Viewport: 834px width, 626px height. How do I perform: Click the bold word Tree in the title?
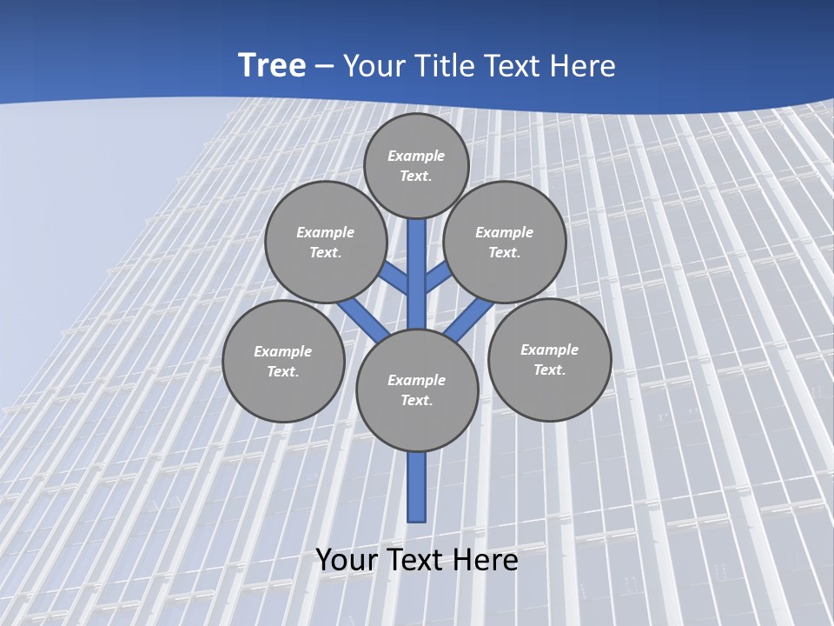tap(272, 65)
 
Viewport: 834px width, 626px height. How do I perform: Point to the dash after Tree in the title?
tap(324, 67)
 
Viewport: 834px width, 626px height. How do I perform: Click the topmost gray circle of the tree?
tap(416, 165)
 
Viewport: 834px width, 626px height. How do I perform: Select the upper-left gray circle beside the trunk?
tap(326, 242)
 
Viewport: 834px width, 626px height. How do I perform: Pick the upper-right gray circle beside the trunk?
tap(505, 242)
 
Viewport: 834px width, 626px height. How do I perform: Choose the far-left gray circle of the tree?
tap(283, 361)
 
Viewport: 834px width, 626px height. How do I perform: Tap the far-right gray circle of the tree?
tap(549, 359)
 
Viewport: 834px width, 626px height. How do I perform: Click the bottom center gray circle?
tap(417, 390)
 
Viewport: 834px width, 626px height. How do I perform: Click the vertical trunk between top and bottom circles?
tap(417, 274)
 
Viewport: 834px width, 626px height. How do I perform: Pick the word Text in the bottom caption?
tap(416, 560)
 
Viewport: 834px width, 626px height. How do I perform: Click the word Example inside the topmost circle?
tap(416, 156)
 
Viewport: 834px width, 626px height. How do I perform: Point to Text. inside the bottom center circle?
tap(416, 401)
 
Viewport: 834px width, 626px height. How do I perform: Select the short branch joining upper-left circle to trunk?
tap(394, 277)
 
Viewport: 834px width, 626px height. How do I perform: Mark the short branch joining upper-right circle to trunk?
tap(438, 277)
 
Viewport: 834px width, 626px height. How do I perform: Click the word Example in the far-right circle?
tap(549, 350)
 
